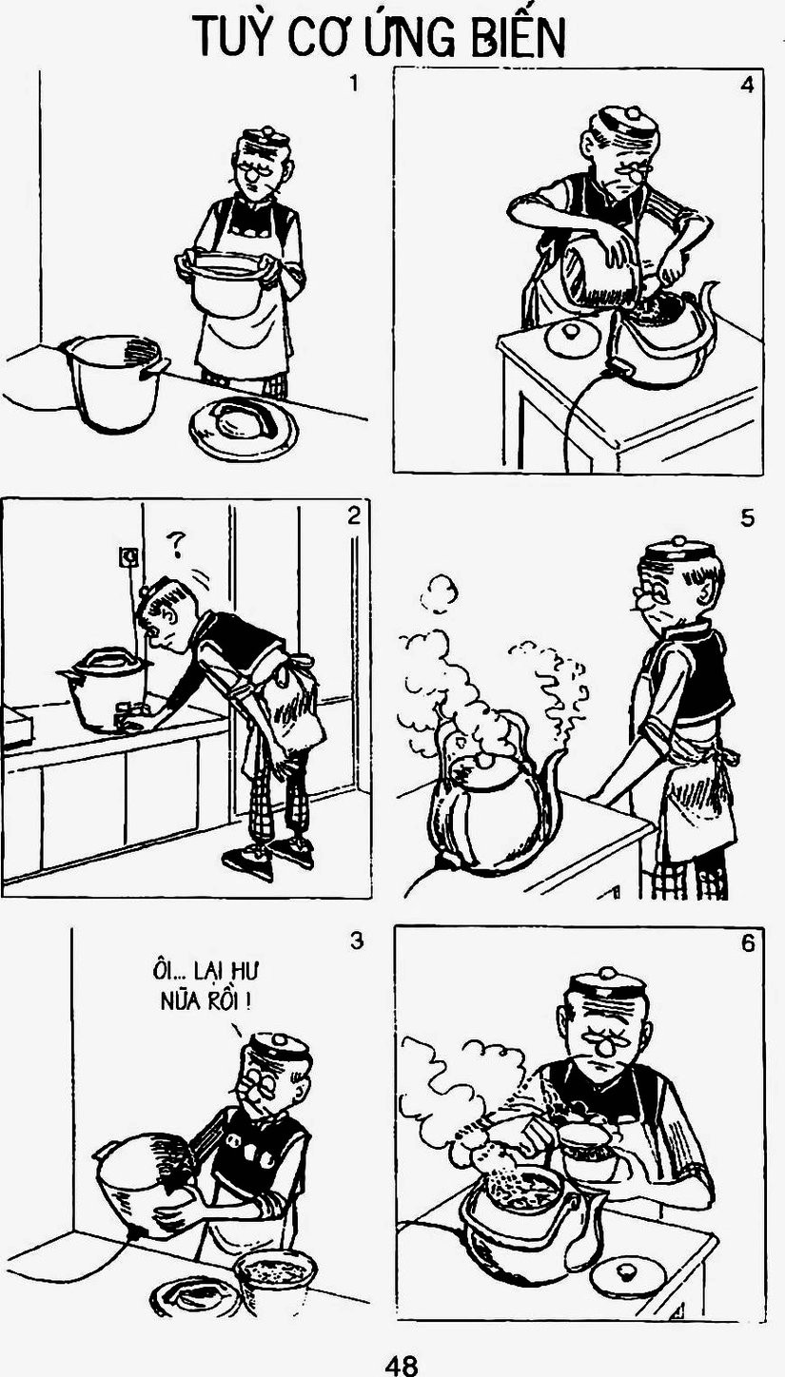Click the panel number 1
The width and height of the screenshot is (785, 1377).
353,83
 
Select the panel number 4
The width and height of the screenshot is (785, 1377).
747,85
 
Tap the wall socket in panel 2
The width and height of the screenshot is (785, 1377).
128,557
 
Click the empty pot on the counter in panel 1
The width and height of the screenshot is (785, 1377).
116,381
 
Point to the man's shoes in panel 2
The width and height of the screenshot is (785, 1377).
267,855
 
